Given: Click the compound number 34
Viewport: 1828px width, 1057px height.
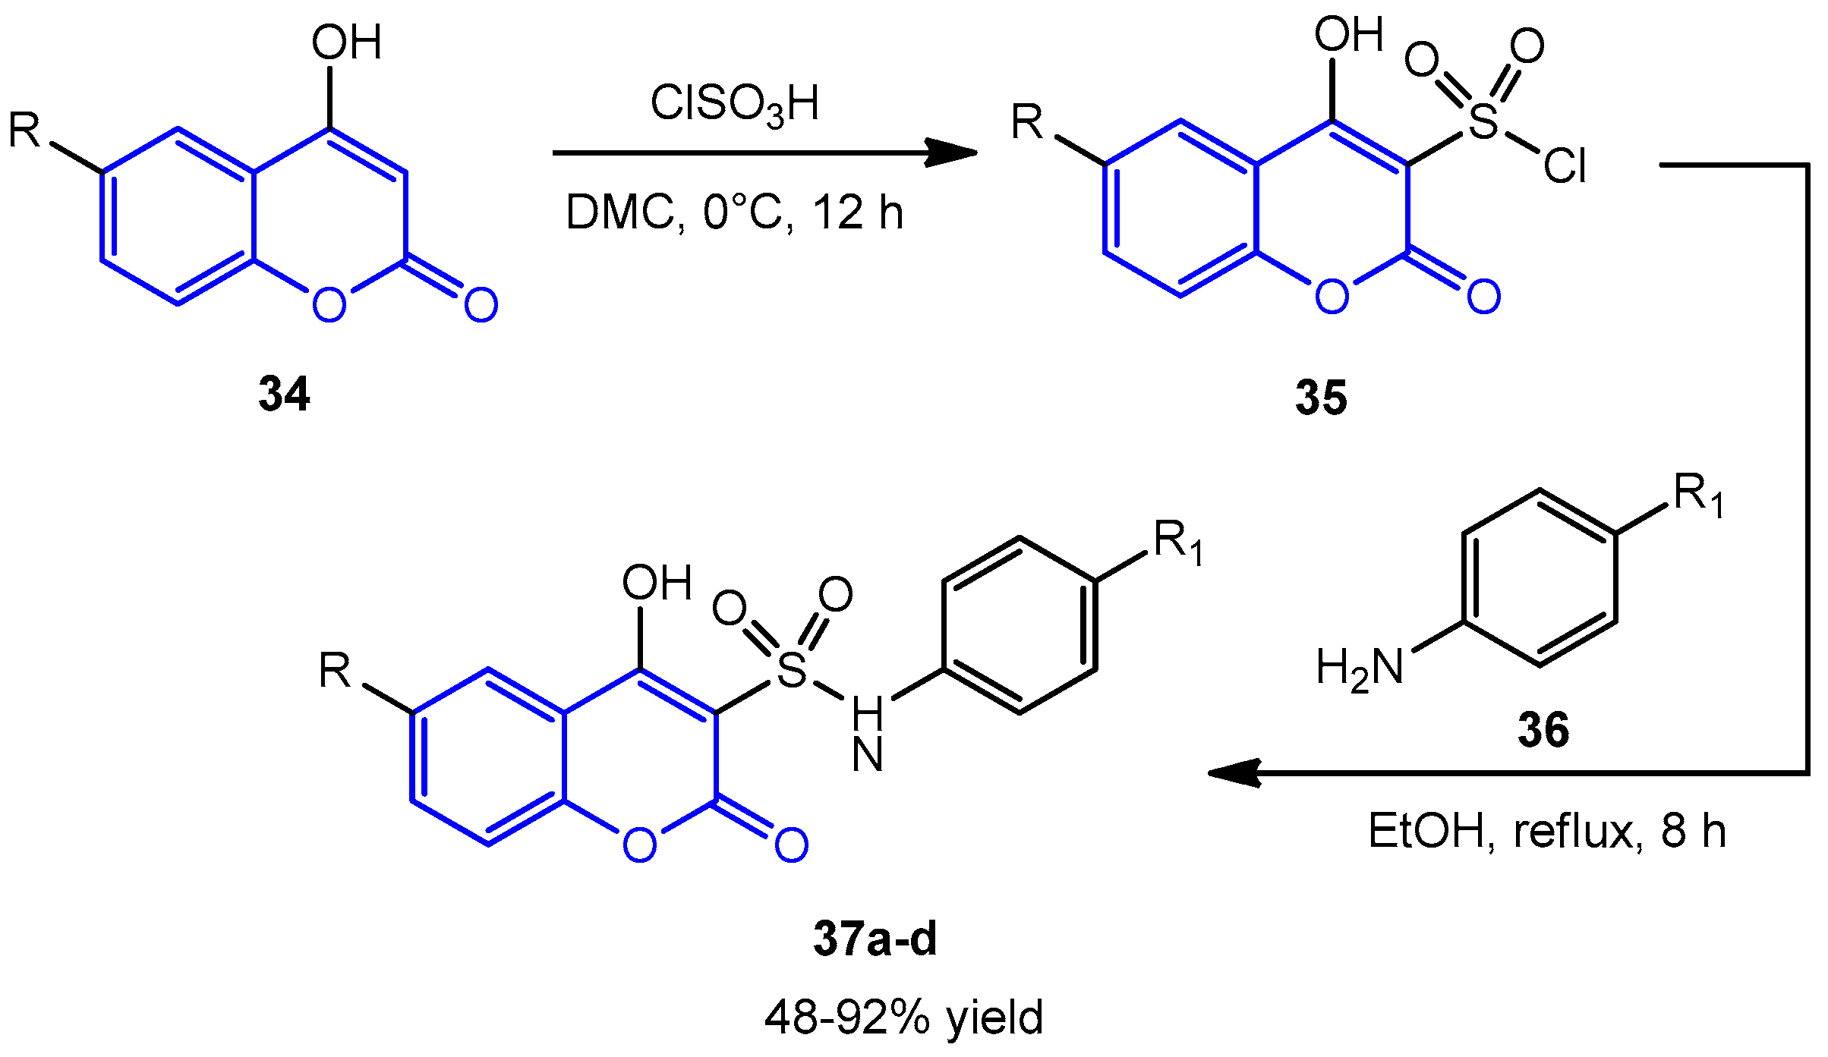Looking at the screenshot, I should (x=284, y=394).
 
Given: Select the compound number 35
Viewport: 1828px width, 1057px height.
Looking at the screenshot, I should (x=1321, y=398).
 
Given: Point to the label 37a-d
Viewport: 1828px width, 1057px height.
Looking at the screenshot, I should (x=875, y=939).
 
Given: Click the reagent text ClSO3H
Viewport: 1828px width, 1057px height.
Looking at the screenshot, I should (x=735, y=103).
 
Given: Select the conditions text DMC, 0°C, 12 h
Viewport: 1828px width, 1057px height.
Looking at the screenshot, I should (x=735, y=212).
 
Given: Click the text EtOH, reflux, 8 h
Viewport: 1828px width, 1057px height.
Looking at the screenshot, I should (x=1547, y=831).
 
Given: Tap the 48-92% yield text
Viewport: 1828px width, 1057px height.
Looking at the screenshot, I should (x=903, y=1018).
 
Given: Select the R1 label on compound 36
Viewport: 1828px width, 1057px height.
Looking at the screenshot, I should (x=1699, y=495).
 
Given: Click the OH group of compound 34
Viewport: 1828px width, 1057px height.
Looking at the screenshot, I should (x=346, y=42).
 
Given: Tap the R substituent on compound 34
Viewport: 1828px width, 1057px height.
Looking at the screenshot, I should (x=24, y=131).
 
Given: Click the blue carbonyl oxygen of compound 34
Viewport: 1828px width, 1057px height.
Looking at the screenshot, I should (x=481, y=305).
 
